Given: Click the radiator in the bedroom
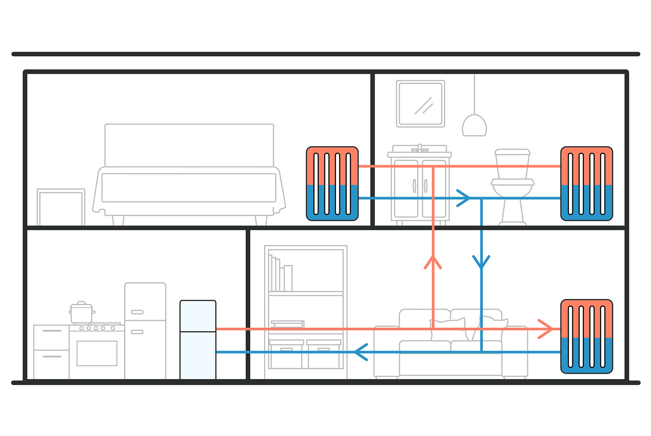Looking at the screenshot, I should [332, 184].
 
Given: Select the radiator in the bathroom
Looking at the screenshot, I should [586, 184].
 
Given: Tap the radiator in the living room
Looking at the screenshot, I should [586, 336].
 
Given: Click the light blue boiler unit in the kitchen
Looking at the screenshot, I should [198, 339].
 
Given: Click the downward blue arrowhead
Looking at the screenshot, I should [481, 262].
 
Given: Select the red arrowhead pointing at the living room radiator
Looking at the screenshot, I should [546, 329].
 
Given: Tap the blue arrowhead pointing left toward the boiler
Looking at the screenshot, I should [360, 352].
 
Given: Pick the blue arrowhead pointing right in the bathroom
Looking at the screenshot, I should [464, 198].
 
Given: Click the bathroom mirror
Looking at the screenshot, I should [420, 104].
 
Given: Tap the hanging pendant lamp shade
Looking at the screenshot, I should [474, 126].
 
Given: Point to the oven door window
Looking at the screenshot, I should [97, 353].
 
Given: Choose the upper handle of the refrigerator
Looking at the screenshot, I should [137, 312].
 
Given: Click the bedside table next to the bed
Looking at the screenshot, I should [61, 207].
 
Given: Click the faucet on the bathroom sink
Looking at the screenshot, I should [420, 148].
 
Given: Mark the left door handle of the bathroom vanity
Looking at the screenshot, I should [414, 186].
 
